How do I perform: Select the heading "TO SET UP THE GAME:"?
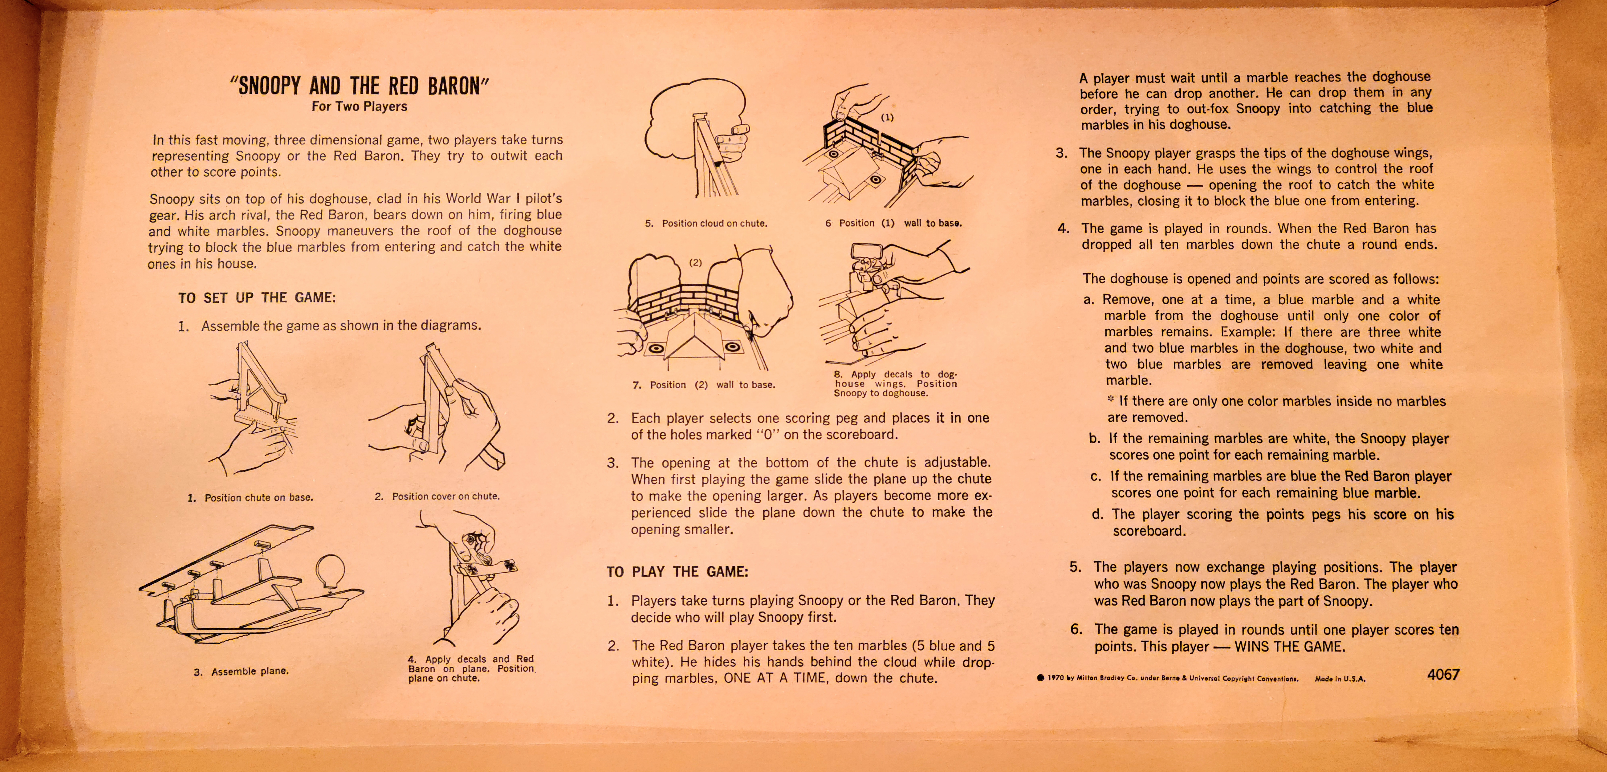click(257, 298)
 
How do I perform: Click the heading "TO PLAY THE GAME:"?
click(677, 572)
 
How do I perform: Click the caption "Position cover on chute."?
click(445, 496)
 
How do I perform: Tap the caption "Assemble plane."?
click(249, 671)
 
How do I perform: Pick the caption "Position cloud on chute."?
click(714, 223)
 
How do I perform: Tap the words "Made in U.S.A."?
click(1340, 679)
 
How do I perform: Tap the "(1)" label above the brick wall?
click(887, 117)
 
